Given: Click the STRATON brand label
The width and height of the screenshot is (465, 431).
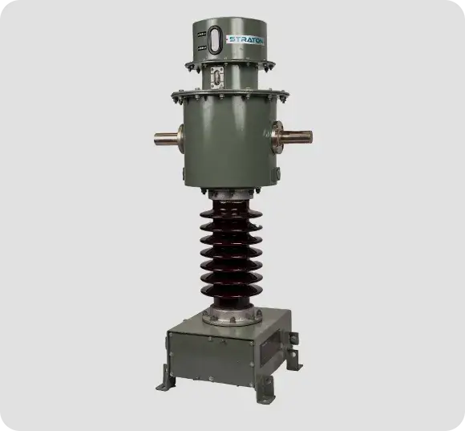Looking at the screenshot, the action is coord(245,40).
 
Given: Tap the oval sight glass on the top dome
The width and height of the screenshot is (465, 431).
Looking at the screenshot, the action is coord(215,40).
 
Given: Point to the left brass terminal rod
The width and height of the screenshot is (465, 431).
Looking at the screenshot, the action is coord(165,139).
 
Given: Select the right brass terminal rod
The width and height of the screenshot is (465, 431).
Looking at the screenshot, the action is coord(297,138).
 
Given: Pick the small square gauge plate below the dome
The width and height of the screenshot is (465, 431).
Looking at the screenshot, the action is coord(216,78).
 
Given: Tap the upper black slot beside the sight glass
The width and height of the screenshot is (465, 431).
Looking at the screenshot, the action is coord(202,35).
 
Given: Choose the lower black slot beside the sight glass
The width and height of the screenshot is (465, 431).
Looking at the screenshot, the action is coord(202,47).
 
